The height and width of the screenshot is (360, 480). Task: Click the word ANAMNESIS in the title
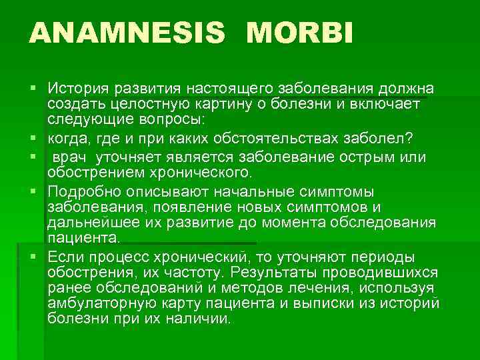(127, 33)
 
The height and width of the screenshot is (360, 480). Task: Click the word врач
(73, 157)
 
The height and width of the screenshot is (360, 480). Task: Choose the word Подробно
(81, 192)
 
